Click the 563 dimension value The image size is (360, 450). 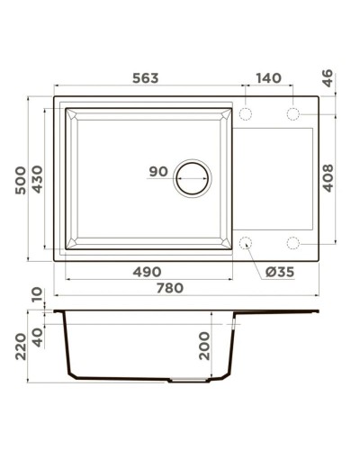click(144, 78)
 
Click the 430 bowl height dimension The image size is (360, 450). click(38, 181)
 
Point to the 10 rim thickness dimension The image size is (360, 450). click(36, 294)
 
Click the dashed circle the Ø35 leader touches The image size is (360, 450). click(245, 242)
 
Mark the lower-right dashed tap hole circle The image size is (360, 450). click(292, 242)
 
